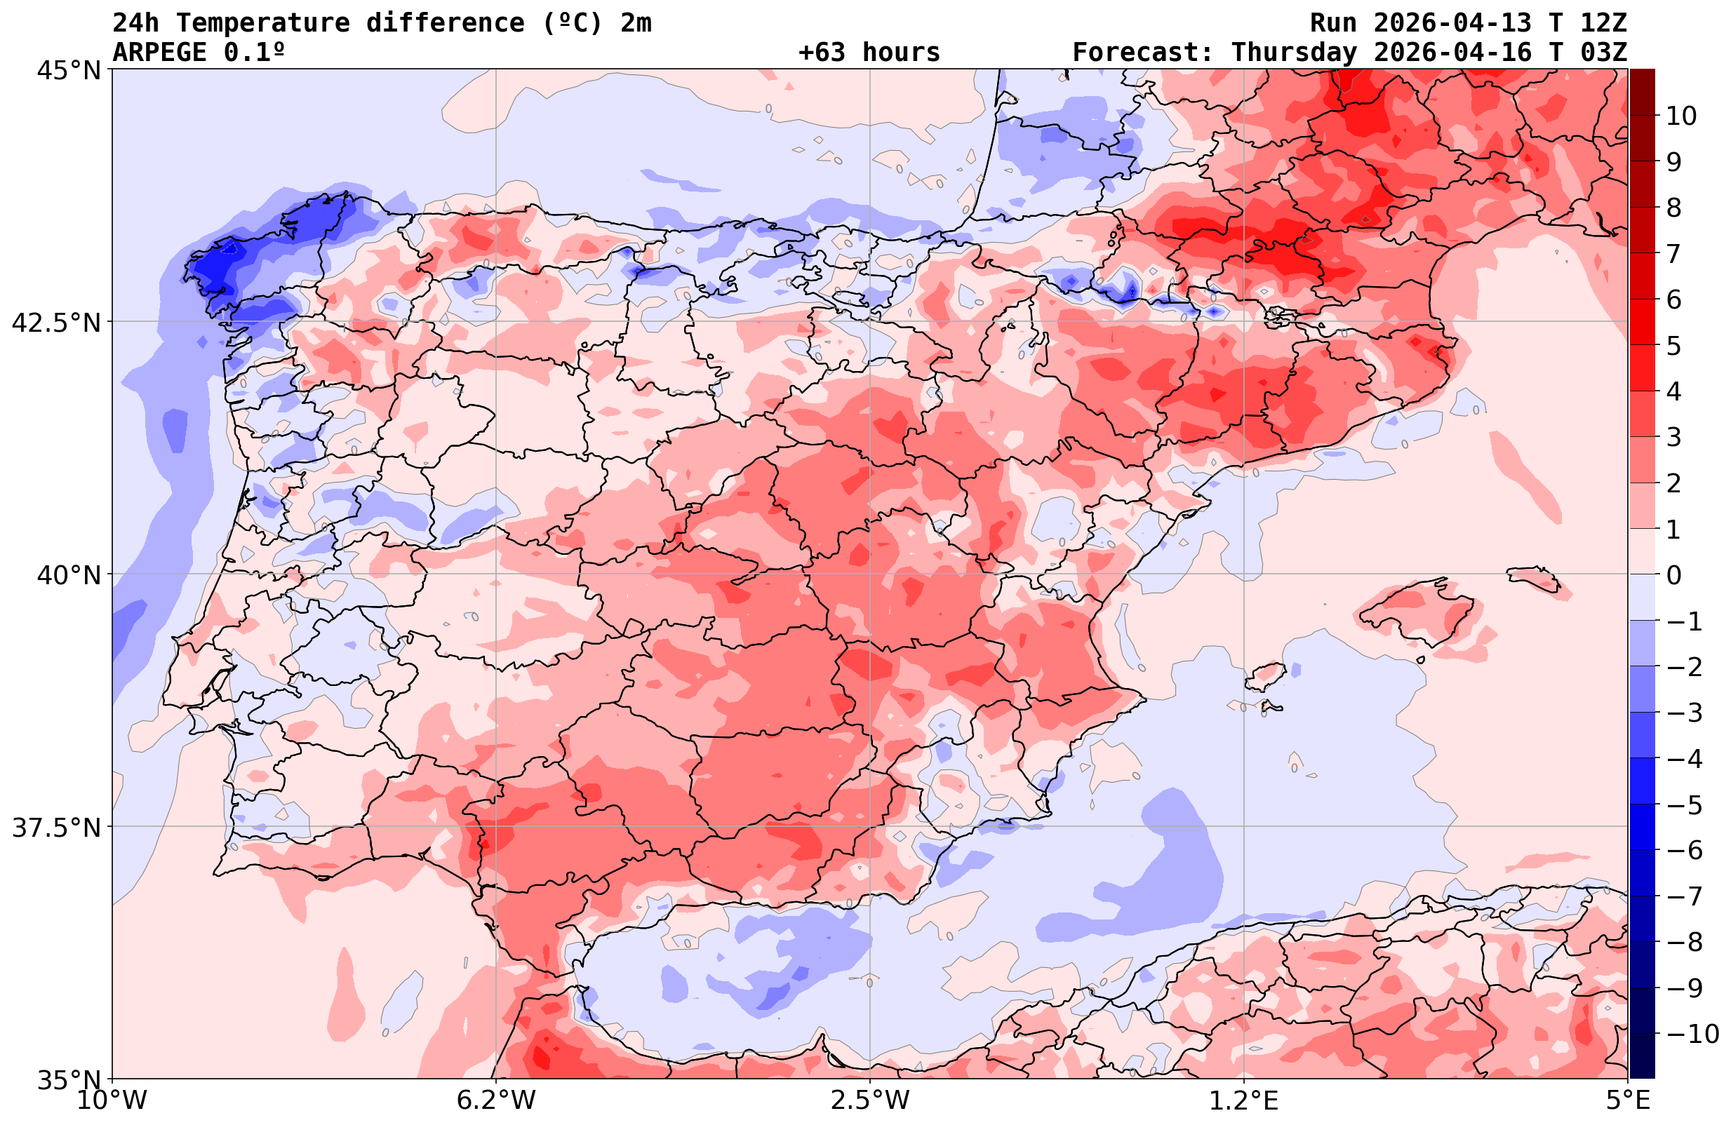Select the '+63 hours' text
[x=869, y=53]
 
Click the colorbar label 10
[x=1682, y=116]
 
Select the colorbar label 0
[x=1673, y=575]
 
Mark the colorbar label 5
[x=1673, y=346]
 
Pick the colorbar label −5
[x=1683, y=805]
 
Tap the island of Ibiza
[x=1266, y=676]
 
